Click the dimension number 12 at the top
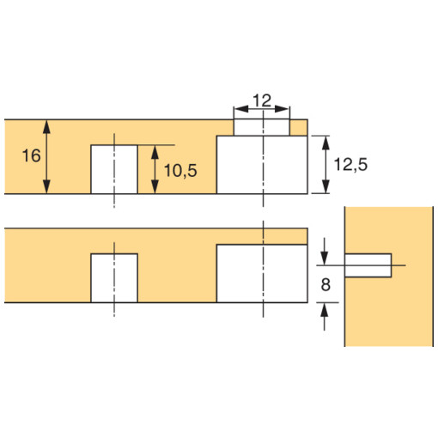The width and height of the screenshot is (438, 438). [x=263, y=100]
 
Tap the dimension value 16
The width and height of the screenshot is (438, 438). [x=29, y=155]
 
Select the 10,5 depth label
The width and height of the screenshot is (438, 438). [x=179, y=170]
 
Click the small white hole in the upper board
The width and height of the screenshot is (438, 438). [x=113, y=169]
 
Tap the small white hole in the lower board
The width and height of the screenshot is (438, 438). [x=114, y=278]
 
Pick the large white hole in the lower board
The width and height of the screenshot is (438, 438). [x=261, y=273]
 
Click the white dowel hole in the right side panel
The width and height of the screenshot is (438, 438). [x=368, y=264]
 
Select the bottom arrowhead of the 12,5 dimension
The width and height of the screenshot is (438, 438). [x=325, y=189]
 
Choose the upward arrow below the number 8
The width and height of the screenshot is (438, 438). [x=325, y=314]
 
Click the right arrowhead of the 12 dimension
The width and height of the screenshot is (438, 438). [x=286, y=110]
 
